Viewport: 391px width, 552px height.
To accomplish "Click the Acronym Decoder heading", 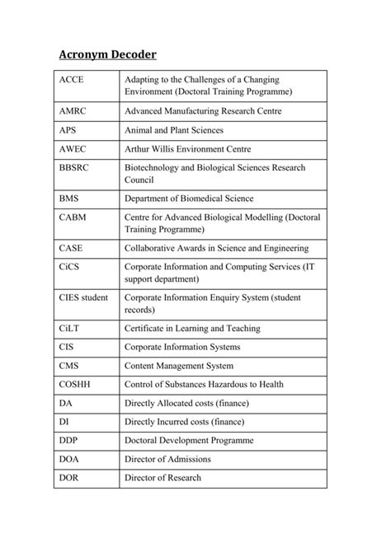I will [x=107, y=55].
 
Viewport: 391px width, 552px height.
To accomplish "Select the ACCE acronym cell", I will [x=73, y=79].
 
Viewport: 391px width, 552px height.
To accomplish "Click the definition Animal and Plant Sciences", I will [x=174, y=130].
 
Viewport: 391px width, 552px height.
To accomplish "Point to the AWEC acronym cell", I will [x=74, y=149].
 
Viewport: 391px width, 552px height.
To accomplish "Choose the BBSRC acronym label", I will [x=77, y=167].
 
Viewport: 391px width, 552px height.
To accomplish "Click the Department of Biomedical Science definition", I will [x=200, y=199].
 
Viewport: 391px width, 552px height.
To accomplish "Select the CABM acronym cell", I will [x=74, y=217].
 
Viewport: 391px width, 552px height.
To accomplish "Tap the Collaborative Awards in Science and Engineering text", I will [x=216, y=248].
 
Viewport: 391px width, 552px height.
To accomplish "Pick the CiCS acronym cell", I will [x=71, y=266].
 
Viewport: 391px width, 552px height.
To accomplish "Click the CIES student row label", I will [x=83, y=297].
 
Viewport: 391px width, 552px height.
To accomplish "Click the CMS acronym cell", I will [x=69, y=366].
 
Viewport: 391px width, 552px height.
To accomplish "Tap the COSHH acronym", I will [x=76, y=385].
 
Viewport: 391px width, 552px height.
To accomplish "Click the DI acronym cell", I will [x=64, y=422].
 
